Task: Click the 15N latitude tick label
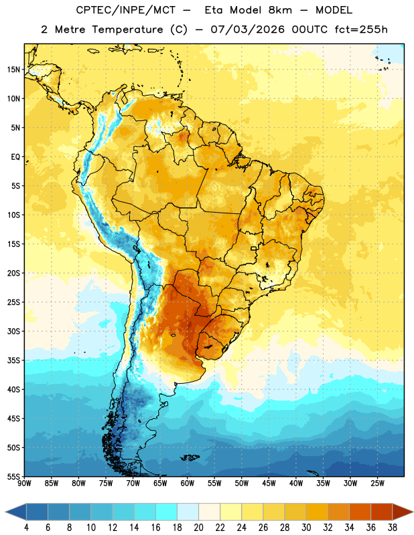(x=13, y=70)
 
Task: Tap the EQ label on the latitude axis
(x=15, y=157)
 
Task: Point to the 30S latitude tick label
(x=13, y=331)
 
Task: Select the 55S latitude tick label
(x=13, y=476)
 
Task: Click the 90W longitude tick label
(x=24, y=484)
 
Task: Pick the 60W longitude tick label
(x=188, y=484)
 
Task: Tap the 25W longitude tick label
(x=377, y=484)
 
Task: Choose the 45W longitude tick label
(x=269, y=484)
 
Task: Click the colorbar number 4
(x=26, y=528)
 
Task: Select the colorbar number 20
(x=198, y=528)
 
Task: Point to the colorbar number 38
(x=393, y=528)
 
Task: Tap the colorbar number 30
(x=306, y=528)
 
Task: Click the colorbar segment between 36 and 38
(x=382, y=512)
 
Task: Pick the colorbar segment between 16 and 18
(x=166, y=512)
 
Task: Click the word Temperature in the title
(x=127, y=29)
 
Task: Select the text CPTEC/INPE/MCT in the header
(x=126, y=10)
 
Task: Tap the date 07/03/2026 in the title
(x=247, y=29)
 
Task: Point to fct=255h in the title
(x=361, y=29)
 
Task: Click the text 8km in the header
(x=280, y=10)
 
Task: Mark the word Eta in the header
(x=214, y=10)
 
